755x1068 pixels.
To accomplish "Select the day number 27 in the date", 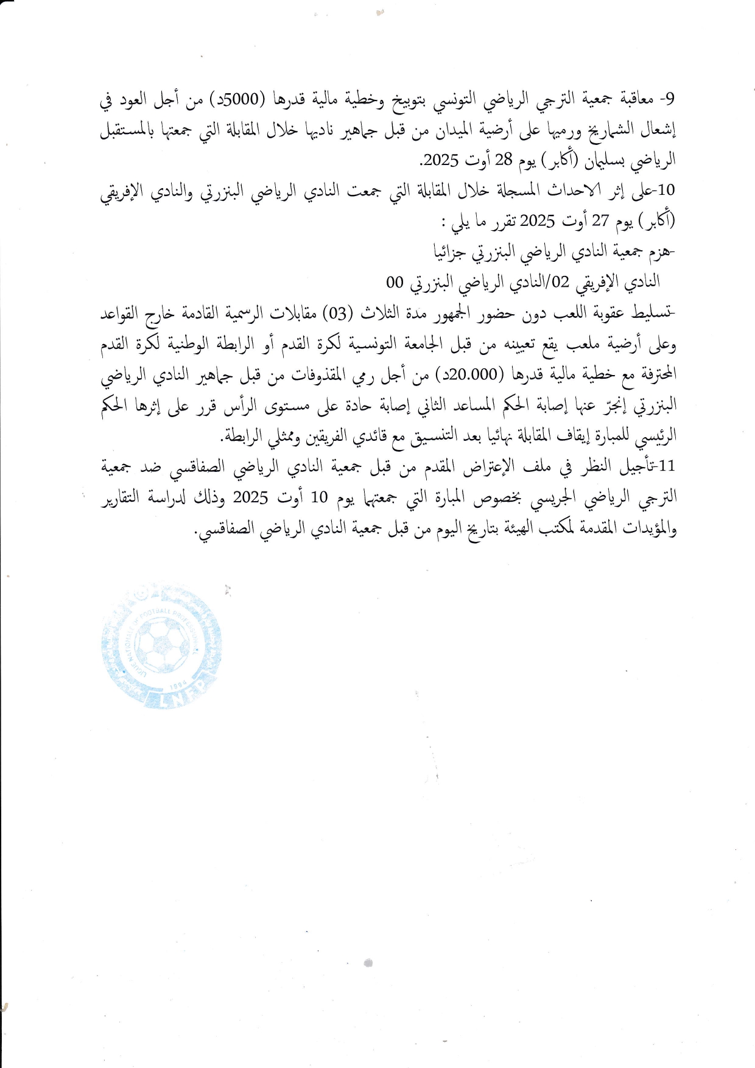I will point(600,220).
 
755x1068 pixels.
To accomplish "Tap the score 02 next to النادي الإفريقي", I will point(560,281).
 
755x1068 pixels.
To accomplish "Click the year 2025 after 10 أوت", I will point(251,497).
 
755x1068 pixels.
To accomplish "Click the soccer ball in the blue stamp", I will point(162,643).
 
